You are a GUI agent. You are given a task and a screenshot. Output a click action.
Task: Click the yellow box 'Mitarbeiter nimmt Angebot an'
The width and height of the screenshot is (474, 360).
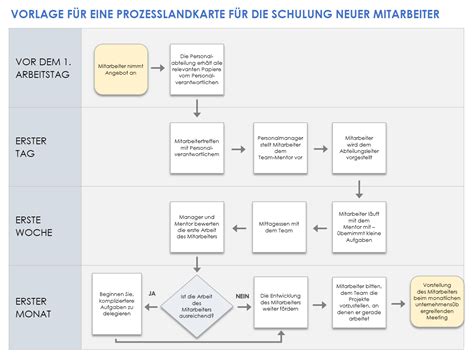point(121,67)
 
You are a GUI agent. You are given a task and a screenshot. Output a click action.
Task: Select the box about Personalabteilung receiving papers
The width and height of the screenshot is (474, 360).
point(194,68)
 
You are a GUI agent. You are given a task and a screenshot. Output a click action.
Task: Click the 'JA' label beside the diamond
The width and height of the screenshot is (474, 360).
point(152,293)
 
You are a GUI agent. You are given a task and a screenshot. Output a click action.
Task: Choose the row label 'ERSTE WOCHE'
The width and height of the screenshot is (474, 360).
point(36,225)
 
